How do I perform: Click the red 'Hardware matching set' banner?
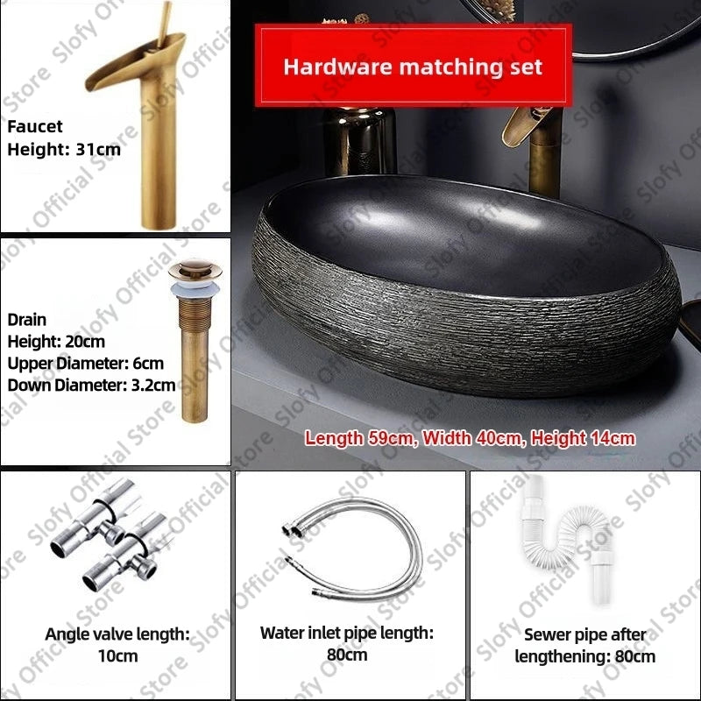pyautogui.click(x=413, y=66)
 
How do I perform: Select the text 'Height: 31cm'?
pyautogui.click(x=64, y=149)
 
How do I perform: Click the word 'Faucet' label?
pyautogui.click(x=35, y=126)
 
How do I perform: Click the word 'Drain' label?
pyautogui.click(x=27, y=320)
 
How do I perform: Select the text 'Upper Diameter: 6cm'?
pyautogui.click(x=86, y=363)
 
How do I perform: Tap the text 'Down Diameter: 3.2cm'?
pyautogui.click(x=92, y=384)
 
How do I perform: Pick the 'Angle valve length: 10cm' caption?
pyautogui.click(x=117, y=644)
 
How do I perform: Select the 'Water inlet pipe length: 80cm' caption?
pyautogui.click(x=347, y=643)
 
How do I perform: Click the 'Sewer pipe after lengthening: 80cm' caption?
pyautogui.click(x=584, y=645)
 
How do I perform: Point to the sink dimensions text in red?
pyautogui.click(x=470, y=438)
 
